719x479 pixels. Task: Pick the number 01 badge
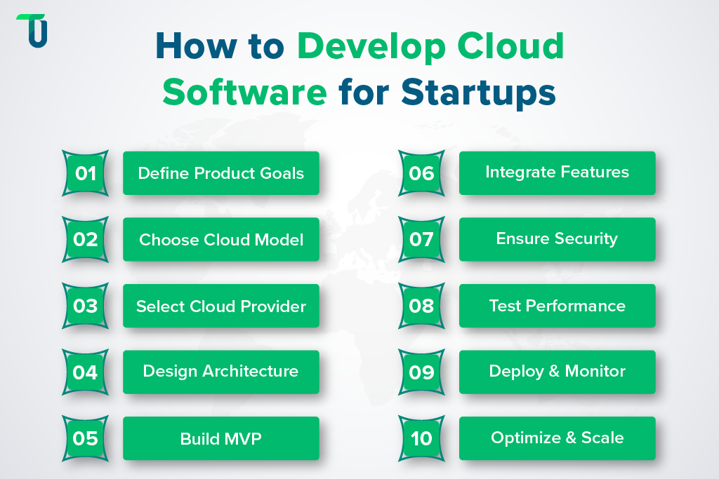85,173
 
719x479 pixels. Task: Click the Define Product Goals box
221,173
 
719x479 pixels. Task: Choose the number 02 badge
85,239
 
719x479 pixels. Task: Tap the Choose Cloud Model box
221,239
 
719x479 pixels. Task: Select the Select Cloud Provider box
221,306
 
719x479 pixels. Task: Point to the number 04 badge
85,372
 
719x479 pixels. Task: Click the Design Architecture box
221,371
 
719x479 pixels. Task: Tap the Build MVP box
221,438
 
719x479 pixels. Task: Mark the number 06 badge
421,173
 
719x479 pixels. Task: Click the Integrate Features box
557,172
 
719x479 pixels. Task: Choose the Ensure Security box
557,238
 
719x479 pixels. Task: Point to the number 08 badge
421,306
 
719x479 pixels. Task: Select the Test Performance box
557,305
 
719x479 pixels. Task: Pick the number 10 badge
421,438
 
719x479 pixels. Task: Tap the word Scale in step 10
602,438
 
